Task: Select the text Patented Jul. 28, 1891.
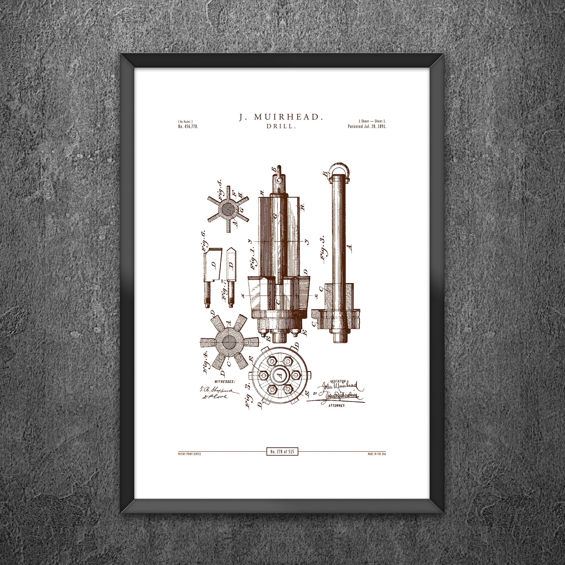click(367, 127)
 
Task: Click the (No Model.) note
click(185, 122)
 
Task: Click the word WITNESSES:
click(225, 381)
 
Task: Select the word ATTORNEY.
click(337, 406)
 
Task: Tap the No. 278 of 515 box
click(282, 452)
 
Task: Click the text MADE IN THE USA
click(377, 454)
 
